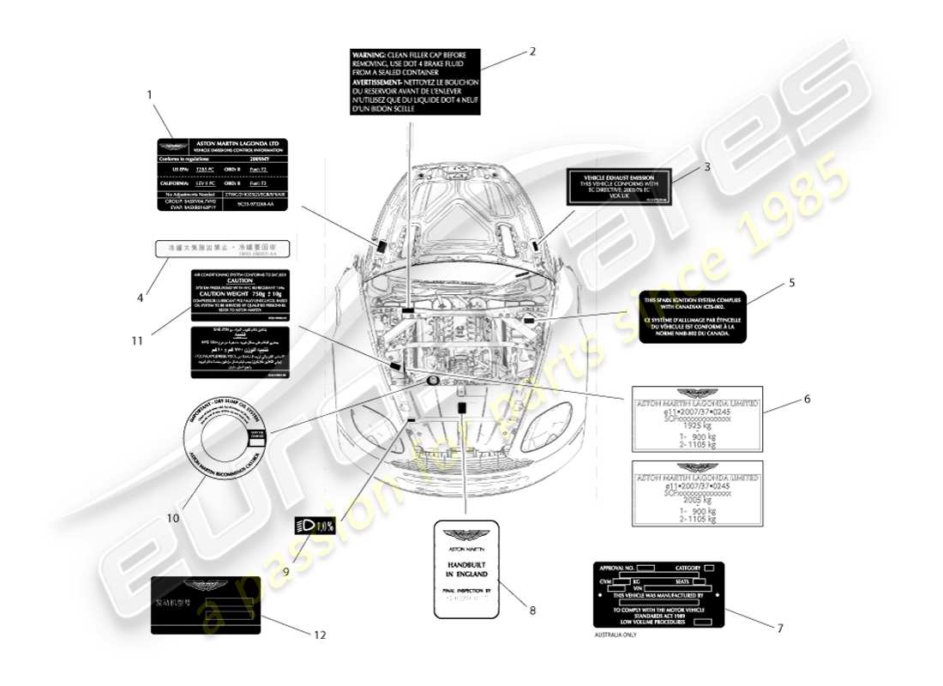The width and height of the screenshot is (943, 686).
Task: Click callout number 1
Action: [149, 95]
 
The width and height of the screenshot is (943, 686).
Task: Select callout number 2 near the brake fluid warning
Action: [532, 51]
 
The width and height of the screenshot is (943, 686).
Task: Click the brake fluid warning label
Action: [415, 81]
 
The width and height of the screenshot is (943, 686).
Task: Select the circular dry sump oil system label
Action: [228, 439]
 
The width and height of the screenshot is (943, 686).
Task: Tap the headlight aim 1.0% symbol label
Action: [314, 527]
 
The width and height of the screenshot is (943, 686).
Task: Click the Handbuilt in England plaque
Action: [465, 569]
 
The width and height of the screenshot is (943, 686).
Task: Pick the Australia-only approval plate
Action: [658, 594]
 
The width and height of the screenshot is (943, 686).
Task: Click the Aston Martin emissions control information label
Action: [222, 175]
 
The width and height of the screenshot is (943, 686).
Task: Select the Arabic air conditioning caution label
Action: [239, 352]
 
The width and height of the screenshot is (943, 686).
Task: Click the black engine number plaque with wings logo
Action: [206, 605]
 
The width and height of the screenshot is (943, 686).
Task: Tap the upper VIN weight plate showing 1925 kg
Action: [696, 418]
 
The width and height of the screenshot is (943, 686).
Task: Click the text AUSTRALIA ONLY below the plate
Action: [616, 635]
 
